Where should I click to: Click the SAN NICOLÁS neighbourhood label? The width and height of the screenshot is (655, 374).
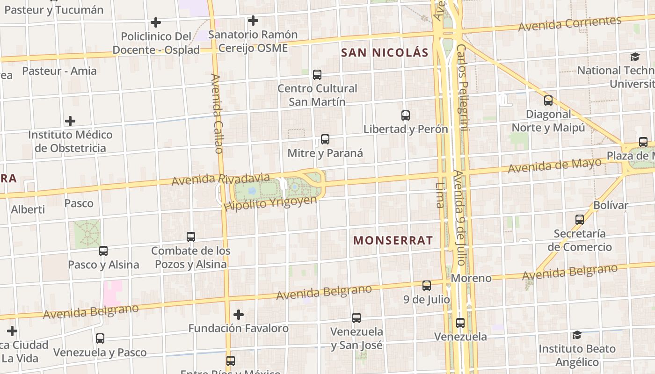click(385, 52)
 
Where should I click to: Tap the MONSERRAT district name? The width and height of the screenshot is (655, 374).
click(393, 240)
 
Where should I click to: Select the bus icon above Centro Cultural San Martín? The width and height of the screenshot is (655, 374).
click(317, 74)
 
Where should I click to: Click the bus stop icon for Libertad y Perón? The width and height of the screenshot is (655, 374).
click(406, 115)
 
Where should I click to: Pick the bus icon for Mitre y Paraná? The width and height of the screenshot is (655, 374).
click(325, 139)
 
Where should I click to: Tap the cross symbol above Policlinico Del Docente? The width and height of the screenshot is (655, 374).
click(156, 22)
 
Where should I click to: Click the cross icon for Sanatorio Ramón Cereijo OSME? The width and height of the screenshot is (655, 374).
click(253, 21)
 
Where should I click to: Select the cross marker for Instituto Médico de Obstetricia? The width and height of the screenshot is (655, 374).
click(70, 121)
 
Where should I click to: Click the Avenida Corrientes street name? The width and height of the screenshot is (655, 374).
click(570, 23)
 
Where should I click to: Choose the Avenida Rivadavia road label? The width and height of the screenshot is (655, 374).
click(220, 179)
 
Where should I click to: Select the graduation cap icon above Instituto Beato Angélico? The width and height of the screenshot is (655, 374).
click(577, 335)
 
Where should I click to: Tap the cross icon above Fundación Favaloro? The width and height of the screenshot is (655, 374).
click(239, 314)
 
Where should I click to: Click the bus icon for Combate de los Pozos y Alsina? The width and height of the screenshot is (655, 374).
click(191, 237)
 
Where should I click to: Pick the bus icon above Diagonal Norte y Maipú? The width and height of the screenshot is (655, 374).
click(548, 100)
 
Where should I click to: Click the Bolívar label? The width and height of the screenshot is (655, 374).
click(611, 205)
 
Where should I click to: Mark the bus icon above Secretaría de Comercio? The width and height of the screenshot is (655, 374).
click(580, 219)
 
